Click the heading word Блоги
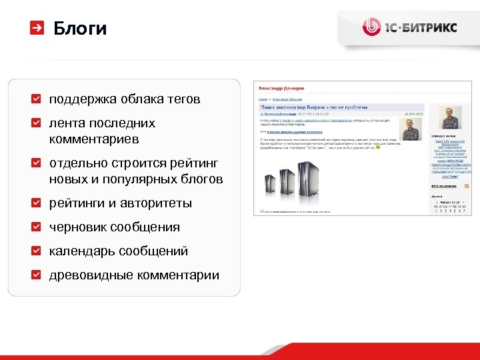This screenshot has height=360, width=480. pyautogui.click(x=79, y=29)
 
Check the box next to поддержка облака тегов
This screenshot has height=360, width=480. pyautogui.click(x=37, y=99)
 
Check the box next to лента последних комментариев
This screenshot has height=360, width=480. pyautogui.click(x=37, y=123)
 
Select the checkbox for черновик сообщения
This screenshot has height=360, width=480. pyautogui.click(x=37, y=227)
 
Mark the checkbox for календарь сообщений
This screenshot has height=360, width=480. pyautogui.click(x=37, y=251)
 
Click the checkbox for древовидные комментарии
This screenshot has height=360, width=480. pyautogui.click(x=37, y=275)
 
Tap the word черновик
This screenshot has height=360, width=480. pyautogui.click(x=77, y=227)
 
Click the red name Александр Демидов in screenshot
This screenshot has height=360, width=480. pyautogui.click(x=281, y=87)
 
